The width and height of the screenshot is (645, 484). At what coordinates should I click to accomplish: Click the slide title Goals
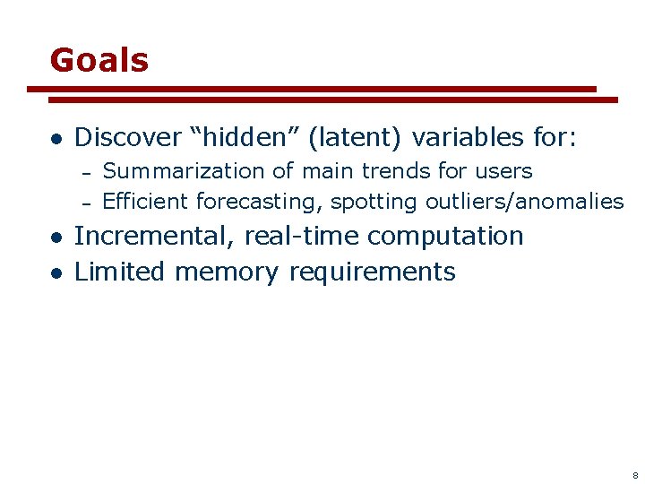[99, 60]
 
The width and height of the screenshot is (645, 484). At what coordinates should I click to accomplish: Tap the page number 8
[634, 474]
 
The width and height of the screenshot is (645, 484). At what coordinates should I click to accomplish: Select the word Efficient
[146, 202]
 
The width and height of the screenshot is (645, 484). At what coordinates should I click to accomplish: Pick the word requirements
[372, 272]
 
